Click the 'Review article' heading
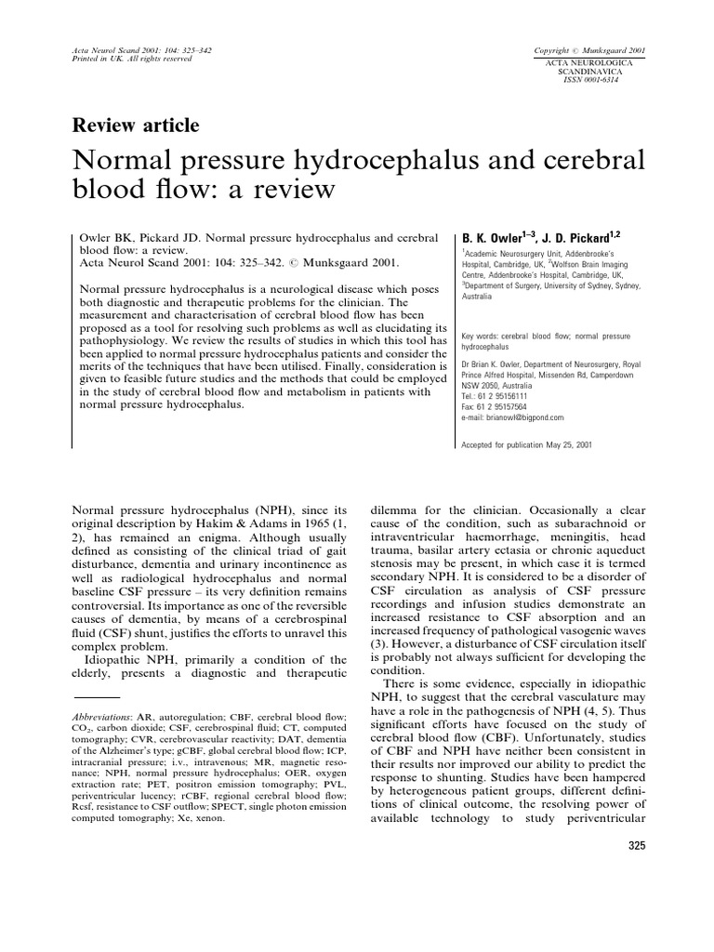(135, 126)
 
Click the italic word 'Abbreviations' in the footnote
(102, 718)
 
